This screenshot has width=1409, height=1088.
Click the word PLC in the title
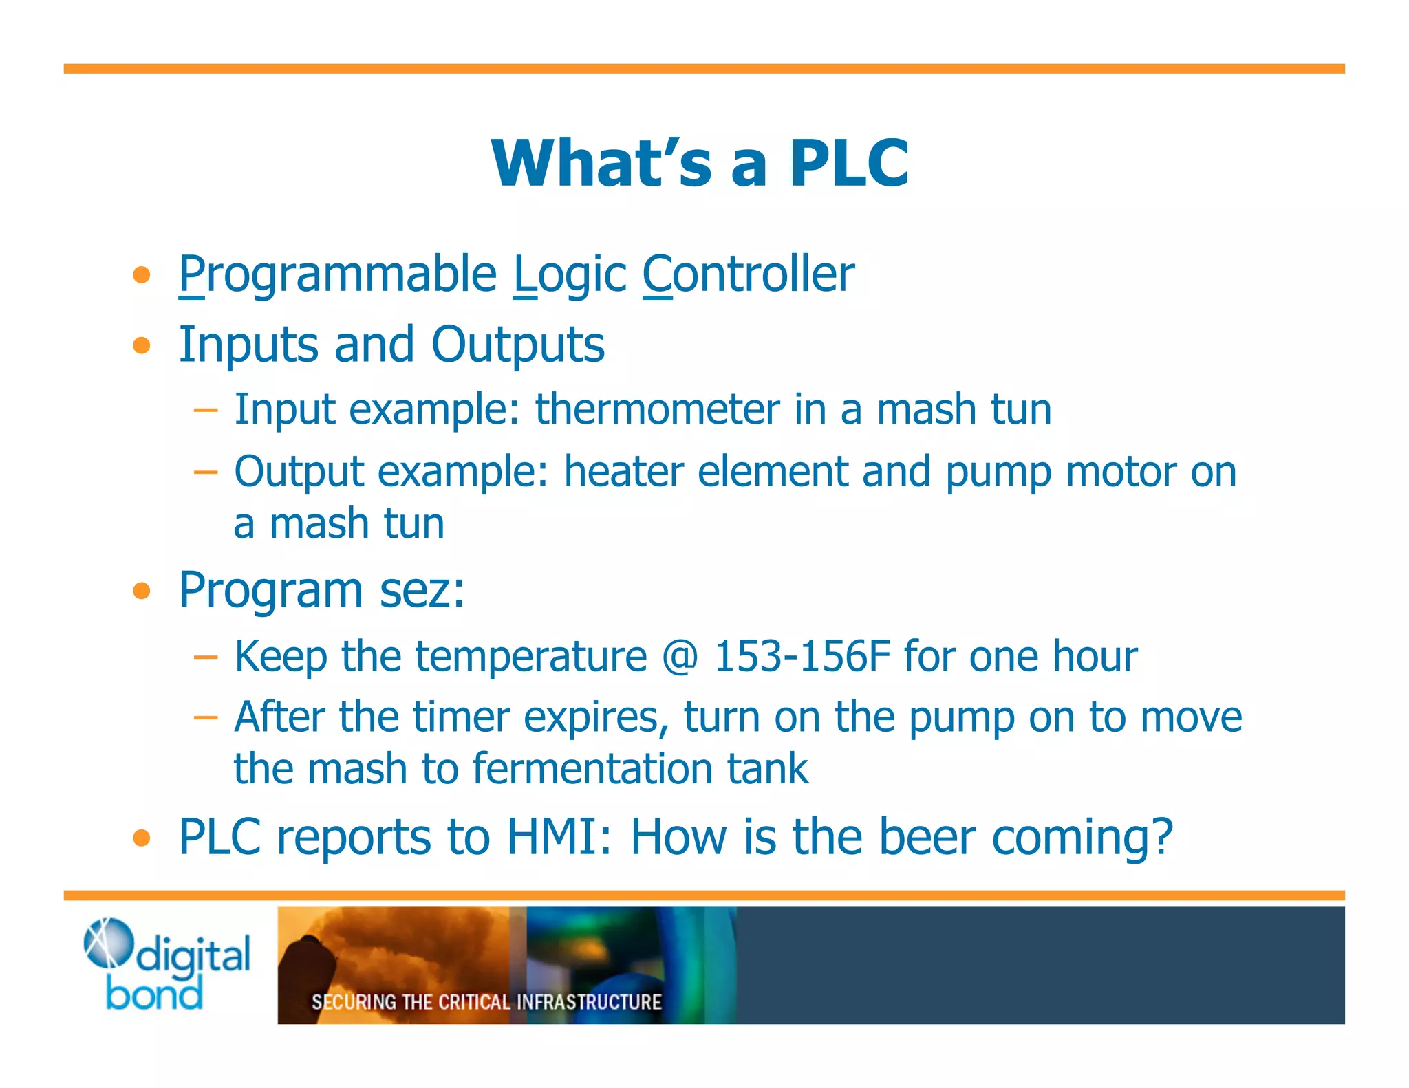[848, 163]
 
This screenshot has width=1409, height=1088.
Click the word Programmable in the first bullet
[337, 274]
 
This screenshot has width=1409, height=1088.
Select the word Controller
[748, 274]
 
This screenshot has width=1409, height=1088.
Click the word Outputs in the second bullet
[517, 345]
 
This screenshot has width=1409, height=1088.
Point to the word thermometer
[656, 410]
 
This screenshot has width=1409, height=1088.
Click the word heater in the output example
[623, 472]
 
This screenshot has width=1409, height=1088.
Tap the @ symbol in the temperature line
[680, 656]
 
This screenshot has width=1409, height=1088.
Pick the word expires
[596, 718]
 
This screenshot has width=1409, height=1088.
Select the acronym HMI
[558, 838]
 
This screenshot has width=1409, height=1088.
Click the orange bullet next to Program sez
[142, 591]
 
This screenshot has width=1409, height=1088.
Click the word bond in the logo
[155, 994]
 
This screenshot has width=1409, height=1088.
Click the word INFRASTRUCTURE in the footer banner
[588, 1002]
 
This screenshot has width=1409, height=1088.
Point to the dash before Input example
[205, 411]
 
